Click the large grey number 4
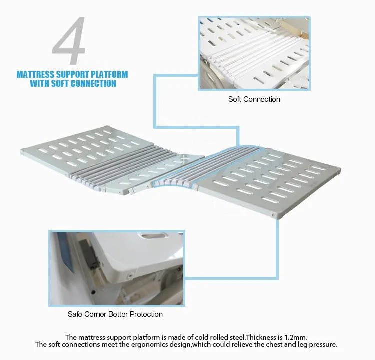[x=70, y=40]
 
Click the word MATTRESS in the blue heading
[x=36, y=74]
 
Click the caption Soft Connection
[x=254, y=99]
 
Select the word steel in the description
[x=237, y=337]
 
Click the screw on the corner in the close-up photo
[x=130, y=276]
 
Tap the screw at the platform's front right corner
[x=272, y=215]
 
